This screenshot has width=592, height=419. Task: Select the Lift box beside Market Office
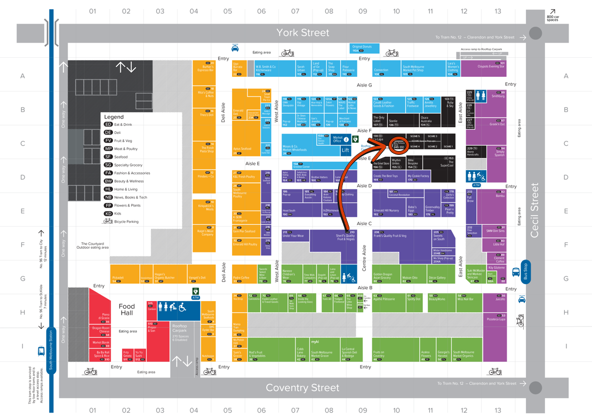click(346, 150)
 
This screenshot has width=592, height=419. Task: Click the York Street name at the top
click(302, 33)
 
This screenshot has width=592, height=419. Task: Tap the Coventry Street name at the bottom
click(302, 388)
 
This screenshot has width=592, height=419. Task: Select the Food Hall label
click(127, 310)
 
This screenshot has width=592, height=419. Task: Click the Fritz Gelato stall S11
click(127, 355)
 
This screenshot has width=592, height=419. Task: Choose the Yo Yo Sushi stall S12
click(139, 355)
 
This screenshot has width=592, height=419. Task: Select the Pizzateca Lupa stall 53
click(495, 319)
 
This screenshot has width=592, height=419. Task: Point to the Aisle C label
click(364, 224)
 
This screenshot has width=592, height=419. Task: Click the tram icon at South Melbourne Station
click(42, 351)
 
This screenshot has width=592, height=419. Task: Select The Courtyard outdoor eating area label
click(94, 246)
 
